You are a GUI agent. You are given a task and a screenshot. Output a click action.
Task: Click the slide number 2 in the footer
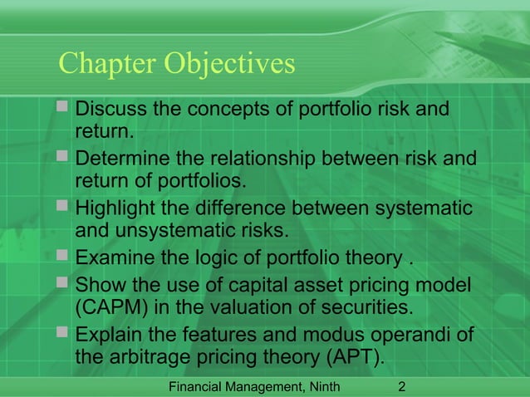(x=402, y=386)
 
